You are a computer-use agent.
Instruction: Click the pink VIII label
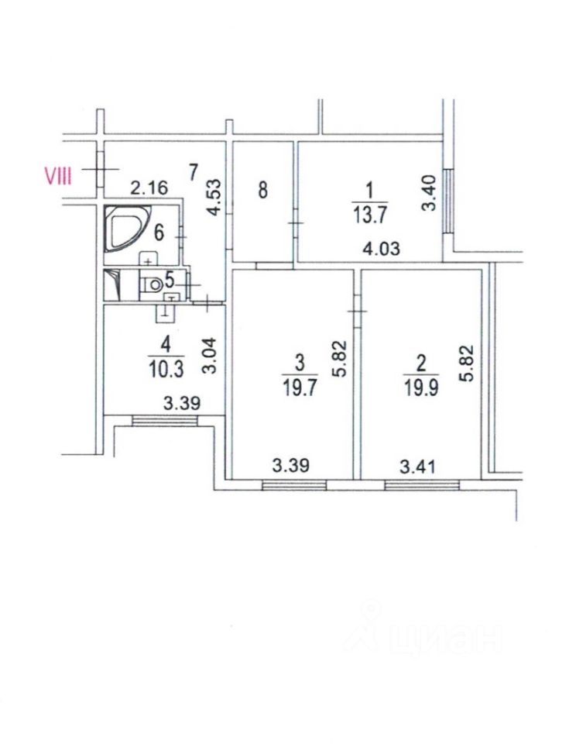[x=58, y=177]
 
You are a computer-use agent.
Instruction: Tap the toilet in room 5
[x=154, y=284]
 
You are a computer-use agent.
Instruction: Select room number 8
[x=263, y=189]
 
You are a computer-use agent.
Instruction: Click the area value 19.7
[x=300, y=387]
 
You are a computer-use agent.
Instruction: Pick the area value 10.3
[x=166, y=369]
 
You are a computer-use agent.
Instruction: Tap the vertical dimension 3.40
[x=432, y=194]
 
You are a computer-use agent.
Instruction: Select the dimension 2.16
[x=148, y=187]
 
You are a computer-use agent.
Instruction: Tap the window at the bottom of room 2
[x=422, y=485]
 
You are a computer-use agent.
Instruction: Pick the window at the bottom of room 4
[x=164, y=420]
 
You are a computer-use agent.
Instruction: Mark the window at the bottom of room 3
[x=294, y=485]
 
